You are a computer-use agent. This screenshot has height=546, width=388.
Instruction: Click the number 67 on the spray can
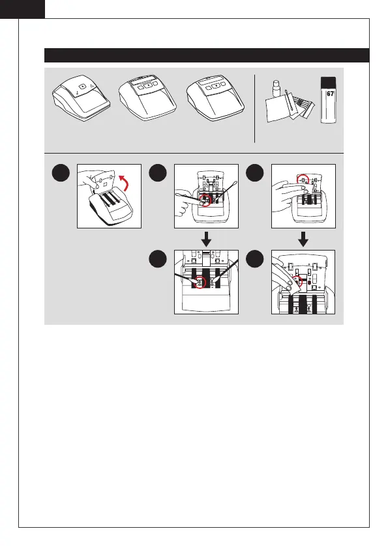pos(330,94)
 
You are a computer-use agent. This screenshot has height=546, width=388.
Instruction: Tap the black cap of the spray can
pos(329,83)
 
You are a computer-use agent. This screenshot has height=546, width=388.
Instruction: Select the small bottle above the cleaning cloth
pos(276,89)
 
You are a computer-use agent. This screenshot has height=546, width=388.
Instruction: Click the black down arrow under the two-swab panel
pos(206,239)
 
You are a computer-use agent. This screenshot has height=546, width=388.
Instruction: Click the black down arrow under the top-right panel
pos(304,239)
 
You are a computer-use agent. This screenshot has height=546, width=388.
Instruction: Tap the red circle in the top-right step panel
pos(303,180)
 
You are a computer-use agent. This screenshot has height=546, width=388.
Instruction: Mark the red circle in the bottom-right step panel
pos(297,282)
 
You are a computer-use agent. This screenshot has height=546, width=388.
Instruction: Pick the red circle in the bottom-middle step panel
pos(200,282)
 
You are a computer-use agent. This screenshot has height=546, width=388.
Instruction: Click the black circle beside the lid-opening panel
pos(61,172)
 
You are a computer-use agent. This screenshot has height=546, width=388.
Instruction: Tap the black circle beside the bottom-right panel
pos(255,259)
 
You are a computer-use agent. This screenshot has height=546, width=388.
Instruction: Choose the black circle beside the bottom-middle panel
pos(158,259)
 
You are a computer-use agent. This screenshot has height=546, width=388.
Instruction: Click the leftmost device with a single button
pos(82,98)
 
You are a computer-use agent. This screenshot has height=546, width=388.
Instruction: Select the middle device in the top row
pos(147,98)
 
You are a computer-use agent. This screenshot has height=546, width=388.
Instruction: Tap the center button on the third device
pos(216,85)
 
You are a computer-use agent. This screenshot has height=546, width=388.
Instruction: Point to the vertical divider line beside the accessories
pos(255,108)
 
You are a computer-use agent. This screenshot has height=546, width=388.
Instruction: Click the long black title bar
pos(207,55)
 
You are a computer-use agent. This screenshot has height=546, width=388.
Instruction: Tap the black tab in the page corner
pos(22,9)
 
